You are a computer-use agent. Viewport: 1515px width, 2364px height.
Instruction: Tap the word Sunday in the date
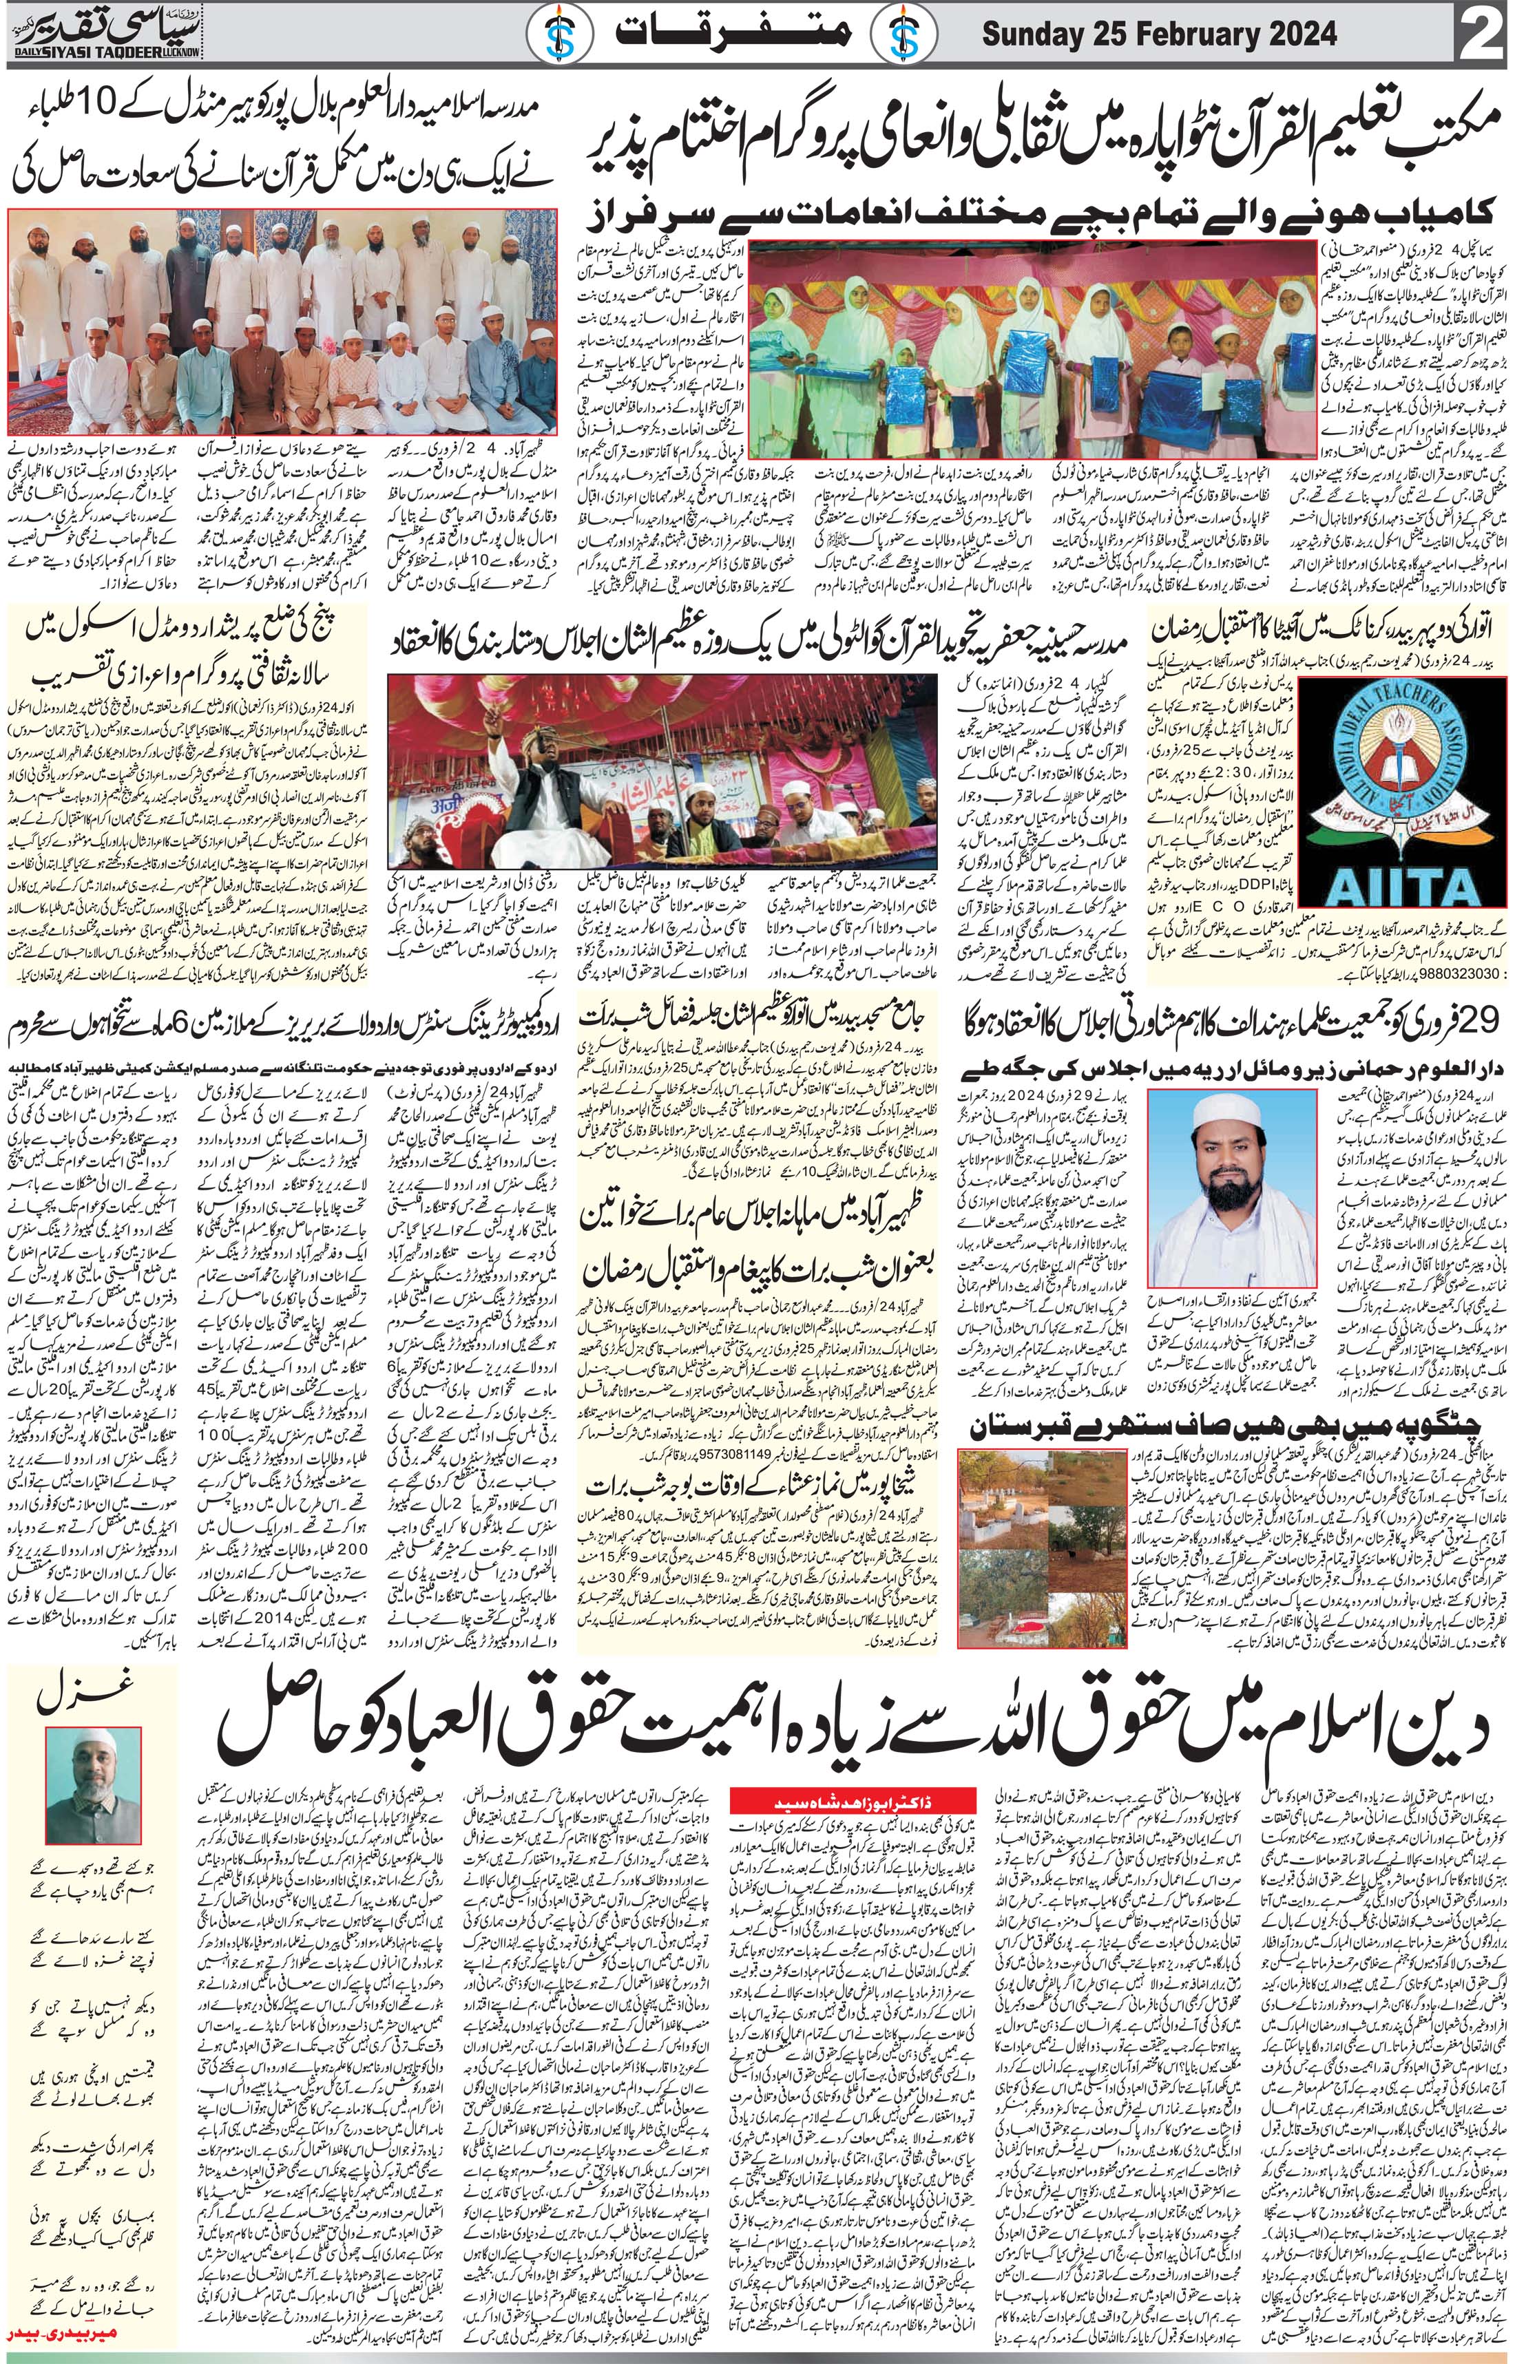pyautogui.click(x=1034, y=35)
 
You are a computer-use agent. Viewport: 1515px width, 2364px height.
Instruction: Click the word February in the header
pyautogui.click(x=1187, y=35)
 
